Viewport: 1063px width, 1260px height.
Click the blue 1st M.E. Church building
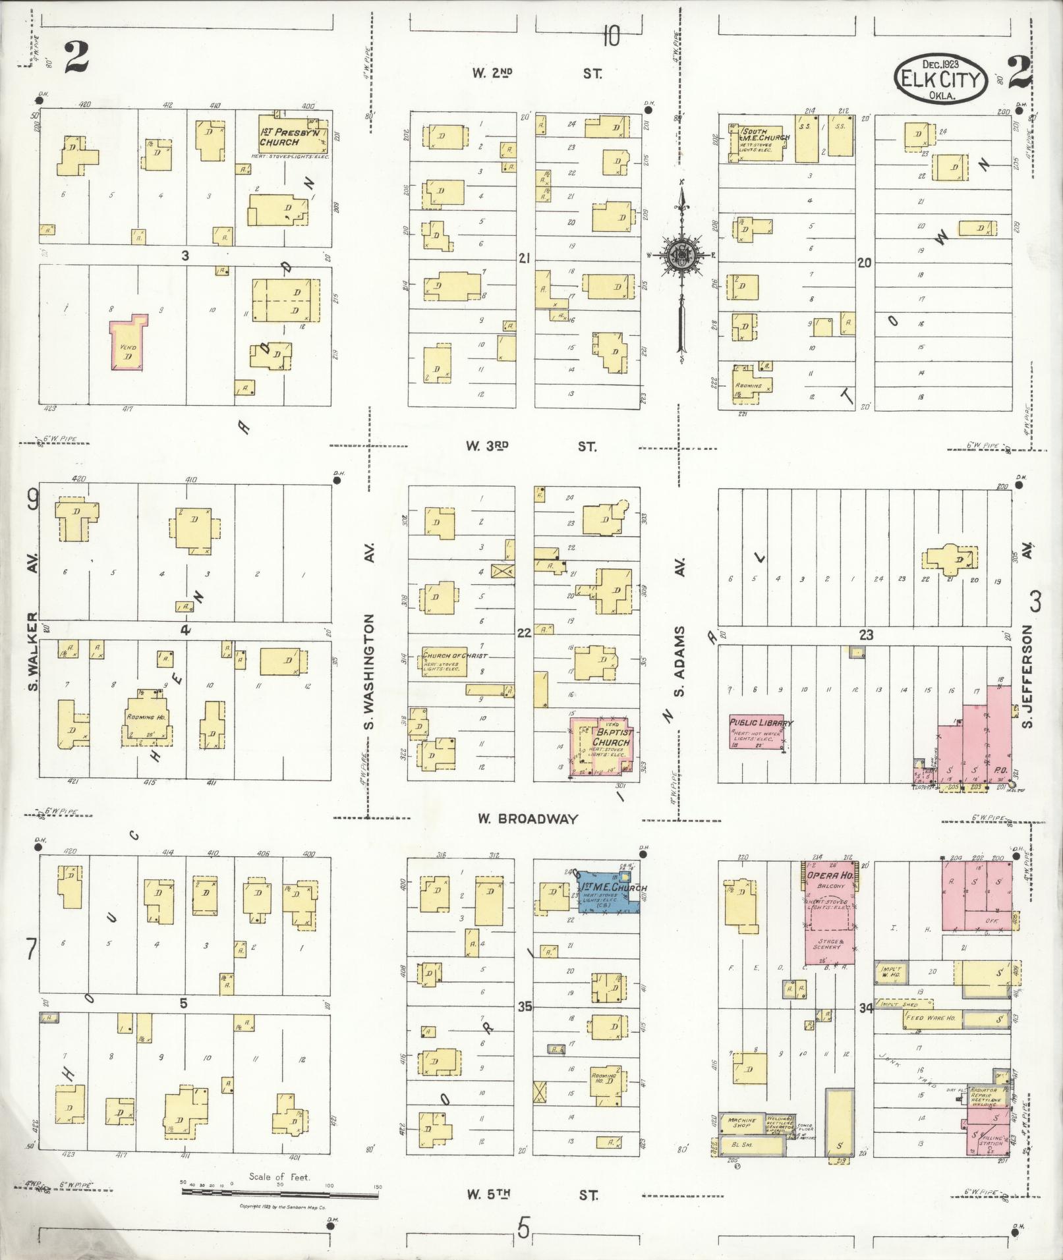click(608, 892)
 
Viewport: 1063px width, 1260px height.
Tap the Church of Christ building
click(445, 661)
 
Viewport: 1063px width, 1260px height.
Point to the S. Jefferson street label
click(1027, 678)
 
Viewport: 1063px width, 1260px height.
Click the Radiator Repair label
click(985, 1100)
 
